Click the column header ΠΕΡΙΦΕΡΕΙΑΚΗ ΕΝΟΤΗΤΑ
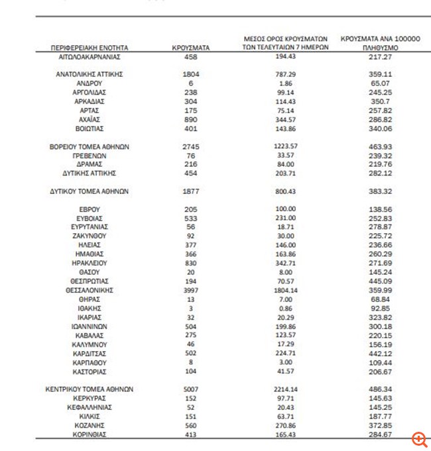(x=89, y=48)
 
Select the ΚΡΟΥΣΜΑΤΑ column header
(x=190, y=48)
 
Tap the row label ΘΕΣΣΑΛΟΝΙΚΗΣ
(x=89, y=290)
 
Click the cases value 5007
(x=190, y=389)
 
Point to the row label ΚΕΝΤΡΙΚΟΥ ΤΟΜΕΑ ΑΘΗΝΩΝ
(x=89, y=389)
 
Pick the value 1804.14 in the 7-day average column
(x=286, y=290)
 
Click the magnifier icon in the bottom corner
(x=418, y=438)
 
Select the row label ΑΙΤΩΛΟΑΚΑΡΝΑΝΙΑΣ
(x=89, y=57)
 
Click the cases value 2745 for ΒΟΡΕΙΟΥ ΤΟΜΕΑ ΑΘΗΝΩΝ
(x=190, y=146)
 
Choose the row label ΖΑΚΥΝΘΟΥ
(x=89, y=236)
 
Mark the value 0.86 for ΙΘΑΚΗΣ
(x=286, y=308)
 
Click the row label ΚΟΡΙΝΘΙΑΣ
(x=89, y=434)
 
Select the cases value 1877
(x=190, y=191)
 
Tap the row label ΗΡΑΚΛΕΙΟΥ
(x=89, y=263)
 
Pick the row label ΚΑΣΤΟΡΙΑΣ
(x=89, y=372)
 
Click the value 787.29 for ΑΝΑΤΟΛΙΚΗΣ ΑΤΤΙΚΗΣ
(x=286, y=74)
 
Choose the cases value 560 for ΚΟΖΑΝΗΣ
(x=190, y=425)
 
